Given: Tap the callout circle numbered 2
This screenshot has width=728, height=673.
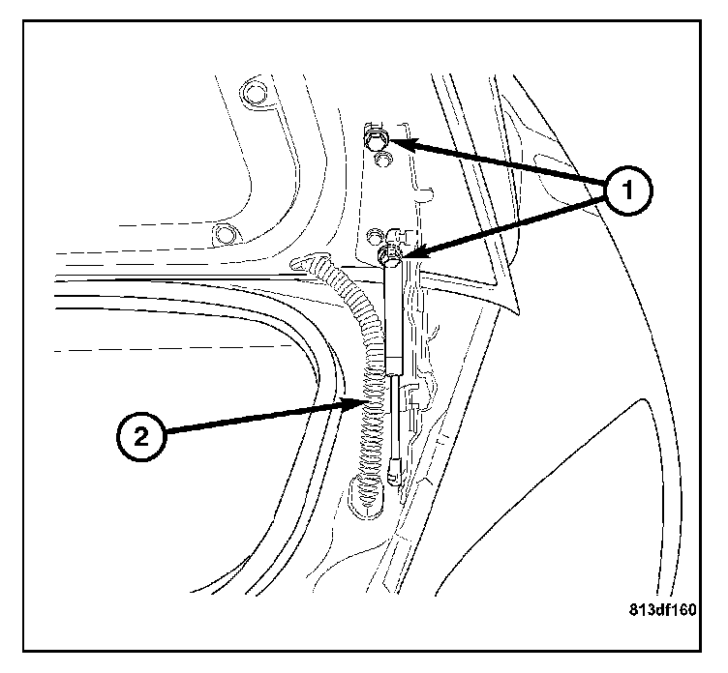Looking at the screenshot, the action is click(142, 436).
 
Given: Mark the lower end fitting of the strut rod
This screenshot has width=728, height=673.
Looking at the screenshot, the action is click(394, 476).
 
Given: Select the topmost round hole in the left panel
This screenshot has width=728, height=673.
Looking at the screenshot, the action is click(254, 92).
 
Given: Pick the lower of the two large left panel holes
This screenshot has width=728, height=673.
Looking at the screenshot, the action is click(227, 233).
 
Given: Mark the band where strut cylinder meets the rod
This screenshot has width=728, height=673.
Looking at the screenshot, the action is click(394, 367).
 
